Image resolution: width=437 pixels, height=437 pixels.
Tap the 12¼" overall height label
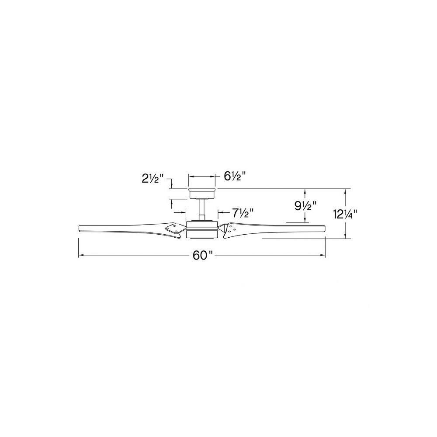(x=345, y=214)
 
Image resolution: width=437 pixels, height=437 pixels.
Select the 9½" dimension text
(x=306, y=206)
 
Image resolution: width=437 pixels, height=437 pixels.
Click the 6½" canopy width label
(x=235, y=176)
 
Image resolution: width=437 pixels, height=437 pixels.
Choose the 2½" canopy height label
(x=152, y=178)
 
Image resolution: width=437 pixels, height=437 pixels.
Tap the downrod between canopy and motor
(x=202, y=208)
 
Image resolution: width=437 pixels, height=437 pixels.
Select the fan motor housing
(x=202, y=229)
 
